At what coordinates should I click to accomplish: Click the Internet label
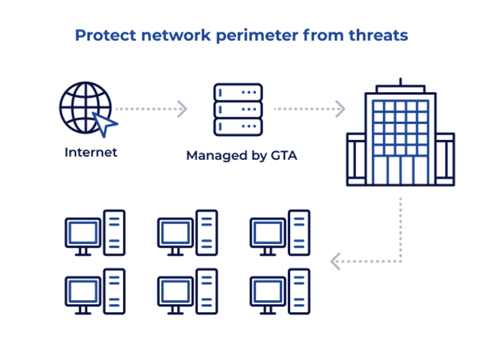[x=91, y=153]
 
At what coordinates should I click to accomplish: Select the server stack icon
[x=238, y=109]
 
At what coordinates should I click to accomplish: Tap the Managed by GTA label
[x=241, y=155]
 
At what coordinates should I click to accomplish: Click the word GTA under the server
[x=283, y=155]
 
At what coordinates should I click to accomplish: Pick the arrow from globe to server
[x=151, y=109]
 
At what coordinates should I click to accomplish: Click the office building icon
[x=401, y=137]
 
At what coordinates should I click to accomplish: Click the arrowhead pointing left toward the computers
[x=336, y=261]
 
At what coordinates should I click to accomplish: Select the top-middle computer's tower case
[x=207, y=233]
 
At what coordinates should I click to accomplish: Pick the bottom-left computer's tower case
[x=114, y=291]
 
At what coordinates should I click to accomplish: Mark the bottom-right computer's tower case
[x=299, y=291]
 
